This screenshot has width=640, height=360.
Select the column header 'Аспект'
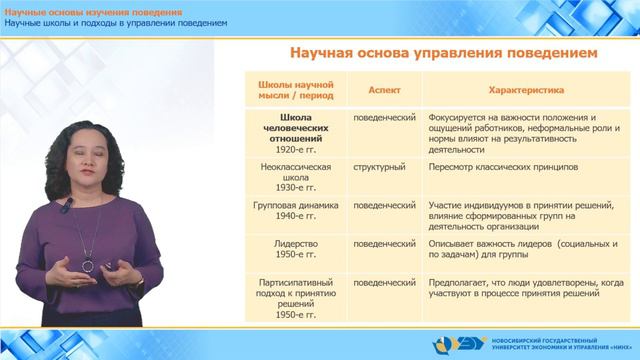tap(384, 88)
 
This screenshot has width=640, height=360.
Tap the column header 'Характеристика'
tap(526, 88)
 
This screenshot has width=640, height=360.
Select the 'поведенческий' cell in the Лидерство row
tap(384, 242)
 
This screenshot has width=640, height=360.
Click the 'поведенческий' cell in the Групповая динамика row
tap(384, 204)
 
